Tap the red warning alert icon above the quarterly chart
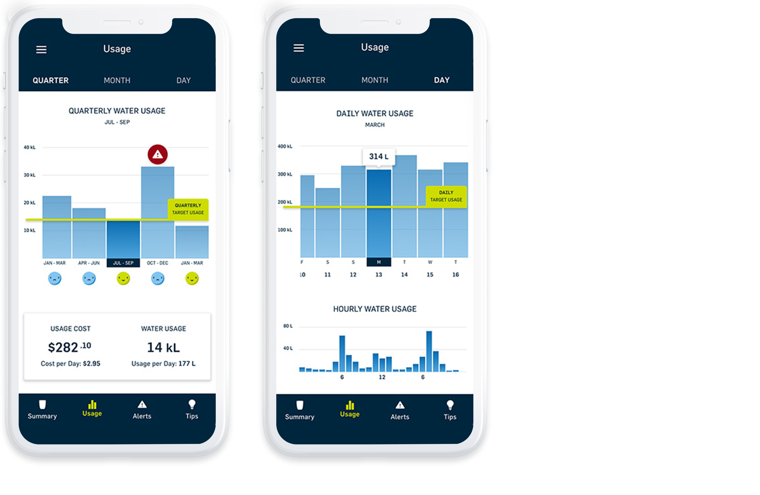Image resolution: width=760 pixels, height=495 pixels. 158,155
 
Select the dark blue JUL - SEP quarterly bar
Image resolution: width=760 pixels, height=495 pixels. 123,239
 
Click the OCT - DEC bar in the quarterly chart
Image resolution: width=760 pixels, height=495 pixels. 158,212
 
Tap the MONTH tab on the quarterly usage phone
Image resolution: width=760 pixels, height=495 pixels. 117,80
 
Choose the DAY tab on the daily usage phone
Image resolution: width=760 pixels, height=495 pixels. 442,80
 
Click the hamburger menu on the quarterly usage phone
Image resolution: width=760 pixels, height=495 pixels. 41,49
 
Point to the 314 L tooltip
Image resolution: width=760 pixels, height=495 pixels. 379,157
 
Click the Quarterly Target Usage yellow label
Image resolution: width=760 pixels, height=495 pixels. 188,209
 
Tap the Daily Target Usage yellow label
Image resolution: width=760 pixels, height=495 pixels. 446,196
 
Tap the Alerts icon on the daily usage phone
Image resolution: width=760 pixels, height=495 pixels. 400,405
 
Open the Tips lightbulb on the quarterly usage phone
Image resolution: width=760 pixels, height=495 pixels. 192,404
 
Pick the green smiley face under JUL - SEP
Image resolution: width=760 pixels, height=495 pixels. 123,278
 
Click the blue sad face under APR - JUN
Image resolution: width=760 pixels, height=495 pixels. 89,278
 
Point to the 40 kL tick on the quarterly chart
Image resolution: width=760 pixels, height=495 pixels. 29,147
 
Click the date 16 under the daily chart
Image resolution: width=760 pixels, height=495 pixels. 456,275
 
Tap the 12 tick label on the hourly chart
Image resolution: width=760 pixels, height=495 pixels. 382,377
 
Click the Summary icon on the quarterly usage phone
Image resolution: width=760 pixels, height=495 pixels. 43,404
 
